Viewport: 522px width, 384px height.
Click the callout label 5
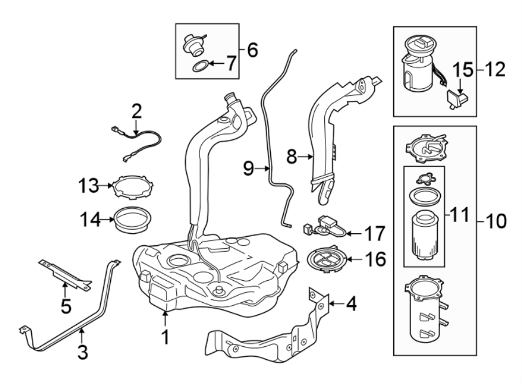click(x=66, y=305)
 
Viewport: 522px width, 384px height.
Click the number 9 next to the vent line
click(x=248, y=169)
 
